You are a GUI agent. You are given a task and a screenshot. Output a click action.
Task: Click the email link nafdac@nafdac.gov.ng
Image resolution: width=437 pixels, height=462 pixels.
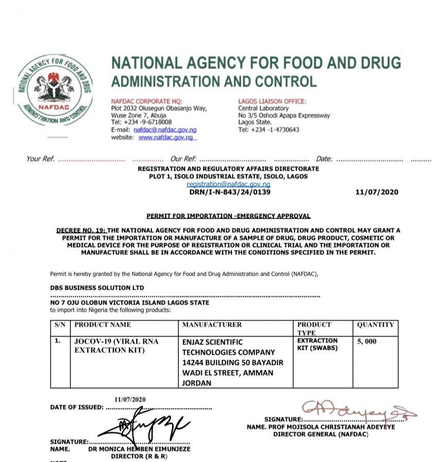[x=161, y=130]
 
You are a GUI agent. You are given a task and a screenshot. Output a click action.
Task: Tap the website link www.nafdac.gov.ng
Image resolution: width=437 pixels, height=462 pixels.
[x=166, y=138]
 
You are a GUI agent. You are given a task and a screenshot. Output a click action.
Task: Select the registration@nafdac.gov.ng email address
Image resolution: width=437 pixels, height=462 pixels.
[x=228, y=184]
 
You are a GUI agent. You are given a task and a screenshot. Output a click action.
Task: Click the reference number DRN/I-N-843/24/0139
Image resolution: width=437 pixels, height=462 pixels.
[x=230, y=192]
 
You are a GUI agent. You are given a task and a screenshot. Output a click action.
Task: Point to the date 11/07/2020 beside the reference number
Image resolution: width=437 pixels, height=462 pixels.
[x=376, y=192]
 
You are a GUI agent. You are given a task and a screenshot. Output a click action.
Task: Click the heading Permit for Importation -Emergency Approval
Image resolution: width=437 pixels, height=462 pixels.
[x=228, y=216]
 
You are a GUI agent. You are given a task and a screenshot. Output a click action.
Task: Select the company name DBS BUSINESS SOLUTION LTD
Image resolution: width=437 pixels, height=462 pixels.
[x=97, y=288]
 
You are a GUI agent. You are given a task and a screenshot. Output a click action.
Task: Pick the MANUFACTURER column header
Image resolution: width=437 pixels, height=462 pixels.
[x=211, y=325]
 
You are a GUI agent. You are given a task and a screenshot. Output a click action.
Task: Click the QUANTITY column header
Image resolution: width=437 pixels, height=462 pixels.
[x=375, y=325]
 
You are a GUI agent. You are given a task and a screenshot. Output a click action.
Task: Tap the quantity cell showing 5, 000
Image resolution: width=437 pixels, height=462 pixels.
[x=367, y=341]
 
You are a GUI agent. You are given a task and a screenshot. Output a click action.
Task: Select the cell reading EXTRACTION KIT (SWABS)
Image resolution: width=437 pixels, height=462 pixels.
[x=317, y=344]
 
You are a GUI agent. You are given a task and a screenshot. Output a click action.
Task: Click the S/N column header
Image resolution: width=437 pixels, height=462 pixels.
[x=61, y=325]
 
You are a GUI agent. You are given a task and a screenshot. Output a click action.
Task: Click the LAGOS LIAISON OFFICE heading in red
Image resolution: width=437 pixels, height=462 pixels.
[x=272, y=101]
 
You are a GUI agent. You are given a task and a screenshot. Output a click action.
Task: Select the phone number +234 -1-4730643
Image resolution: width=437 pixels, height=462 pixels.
[x=268, y=130]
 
